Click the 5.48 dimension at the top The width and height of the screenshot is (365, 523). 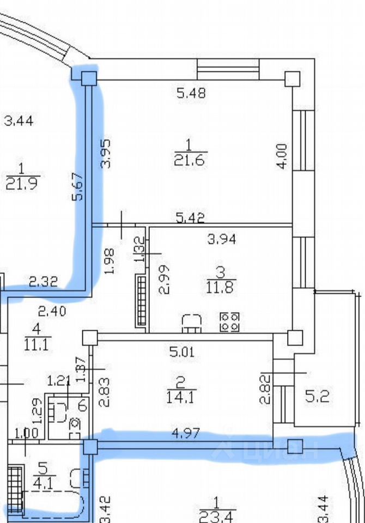(x=191, y=93)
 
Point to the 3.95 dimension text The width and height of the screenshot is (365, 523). (x=106, y=153)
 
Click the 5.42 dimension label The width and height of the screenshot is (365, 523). (x=190, y=218)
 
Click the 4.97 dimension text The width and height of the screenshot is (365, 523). (x=187, y=434)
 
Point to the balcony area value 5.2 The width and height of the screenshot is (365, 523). (x=317, y=397)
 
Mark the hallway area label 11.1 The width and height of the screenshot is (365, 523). (x=37, y=343)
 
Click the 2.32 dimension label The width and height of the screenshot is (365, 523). (x=43, y=282)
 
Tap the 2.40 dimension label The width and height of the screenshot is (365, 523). (x=52, y=311)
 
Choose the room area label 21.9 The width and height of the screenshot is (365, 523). (x=22, y=184)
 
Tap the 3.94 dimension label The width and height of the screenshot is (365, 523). (x=222, y=239)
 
